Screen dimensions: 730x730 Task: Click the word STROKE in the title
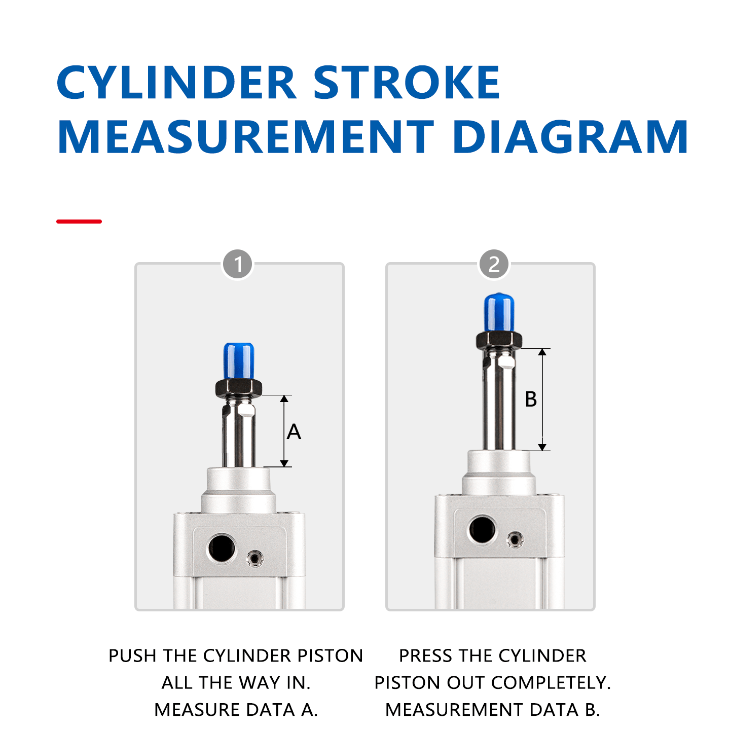tap(407, 82)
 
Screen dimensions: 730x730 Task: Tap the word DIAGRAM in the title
tap(570, 137)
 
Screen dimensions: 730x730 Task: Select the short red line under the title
tap(79, 222)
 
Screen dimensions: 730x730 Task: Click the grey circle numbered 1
tap(238, 264)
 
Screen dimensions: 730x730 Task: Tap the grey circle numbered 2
tap(494, 264)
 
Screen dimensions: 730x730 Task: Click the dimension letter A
tap(294, 432)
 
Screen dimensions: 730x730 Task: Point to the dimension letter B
tap(531, 399)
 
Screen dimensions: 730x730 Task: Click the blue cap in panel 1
tap(238, 360)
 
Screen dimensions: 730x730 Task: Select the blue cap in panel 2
tap(499, 312)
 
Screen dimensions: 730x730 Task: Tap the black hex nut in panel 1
tap(238, 388)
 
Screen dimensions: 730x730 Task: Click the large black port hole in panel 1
tap(222, 548)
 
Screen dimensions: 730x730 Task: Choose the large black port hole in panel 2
tap(482, 530)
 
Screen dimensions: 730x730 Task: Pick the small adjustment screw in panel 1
tap(254, 559)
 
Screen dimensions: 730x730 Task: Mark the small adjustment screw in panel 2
tap(515, 540)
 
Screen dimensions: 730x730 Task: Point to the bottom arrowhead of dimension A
tap(284, 463)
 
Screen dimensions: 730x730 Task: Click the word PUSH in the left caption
tap(133, 655)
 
